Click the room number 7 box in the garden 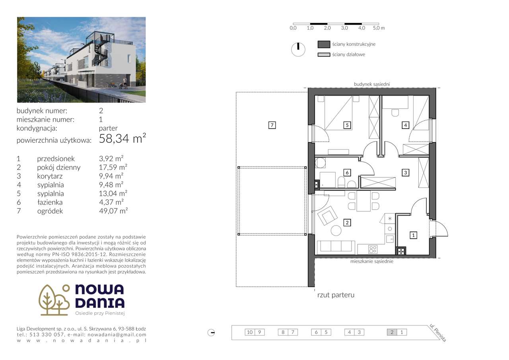[272, 125]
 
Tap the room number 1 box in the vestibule [414, 235]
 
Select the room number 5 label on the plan [347, 125]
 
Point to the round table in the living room [336, 230]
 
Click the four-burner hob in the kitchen [373, 249]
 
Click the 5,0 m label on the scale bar [379, 28]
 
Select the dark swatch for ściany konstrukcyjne [324, 44]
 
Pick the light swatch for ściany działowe [324, 54]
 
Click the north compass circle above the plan [298, 49]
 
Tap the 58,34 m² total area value [122, 139]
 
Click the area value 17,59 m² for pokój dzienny [113, 167]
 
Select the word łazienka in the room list [50, 202]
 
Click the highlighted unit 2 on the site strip [392, 332]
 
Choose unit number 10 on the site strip [249, 332]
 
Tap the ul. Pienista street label [438, 333]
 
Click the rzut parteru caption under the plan [336, 295]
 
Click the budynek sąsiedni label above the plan [372, 84]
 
